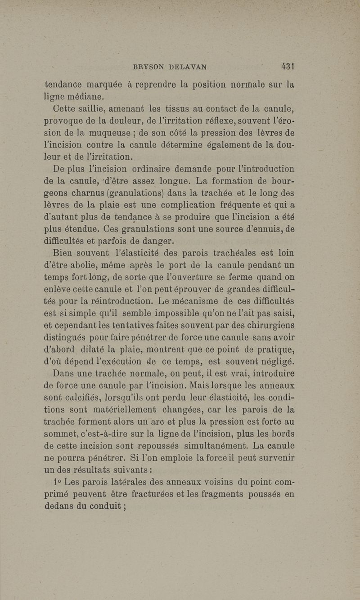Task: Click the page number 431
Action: (287, 67)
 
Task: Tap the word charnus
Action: (84, 193)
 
